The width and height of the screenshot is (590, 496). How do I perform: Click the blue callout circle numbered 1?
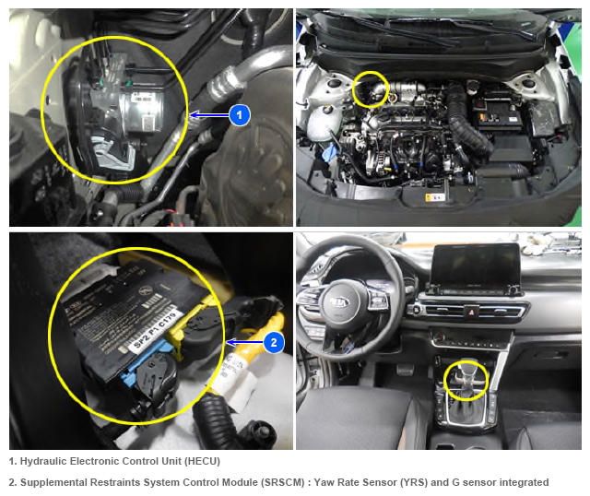[240, 114]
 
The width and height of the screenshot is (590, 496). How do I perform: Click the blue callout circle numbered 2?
[274, 342]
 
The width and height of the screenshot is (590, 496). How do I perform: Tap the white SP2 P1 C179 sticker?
[155, 331]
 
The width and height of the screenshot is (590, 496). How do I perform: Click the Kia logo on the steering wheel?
[340, 301]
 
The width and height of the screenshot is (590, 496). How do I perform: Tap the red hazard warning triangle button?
[471, 312]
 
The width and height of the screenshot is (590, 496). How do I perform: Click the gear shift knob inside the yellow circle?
[466, 376]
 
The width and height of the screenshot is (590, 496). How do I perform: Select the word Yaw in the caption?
[324, 482]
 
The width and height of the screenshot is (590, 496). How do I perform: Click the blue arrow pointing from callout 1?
[209, 114]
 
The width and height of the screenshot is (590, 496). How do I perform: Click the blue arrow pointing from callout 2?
[245, 342]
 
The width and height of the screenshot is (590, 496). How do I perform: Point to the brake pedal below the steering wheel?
[406, 369]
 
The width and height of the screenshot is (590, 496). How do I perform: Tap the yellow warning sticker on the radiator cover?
[435, 196]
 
